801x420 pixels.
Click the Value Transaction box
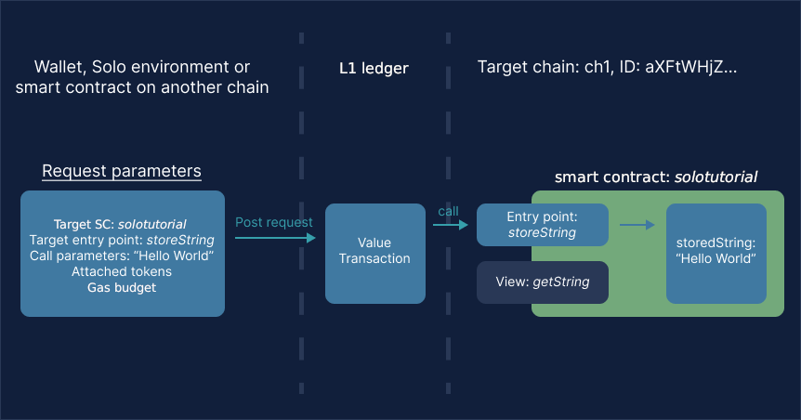pos(374,251)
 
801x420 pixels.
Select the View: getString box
pos(542,282)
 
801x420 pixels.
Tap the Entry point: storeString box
pos(542,225)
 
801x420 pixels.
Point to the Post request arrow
pos(275,239)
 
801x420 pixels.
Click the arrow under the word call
pos(450,225)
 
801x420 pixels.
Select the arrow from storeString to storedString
pos(637,225)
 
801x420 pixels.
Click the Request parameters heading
pos(122,172)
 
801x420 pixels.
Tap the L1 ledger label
pos(374,69)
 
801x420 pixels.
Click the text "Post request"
pos(274,222)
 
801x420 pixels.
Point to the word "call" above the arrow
pos(449,211)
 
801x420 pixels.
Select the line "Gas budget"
pos(122,287)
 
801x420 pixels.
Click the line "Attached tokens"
pos(122,271)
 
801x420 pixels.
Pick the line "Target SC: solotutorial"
pos(121,224)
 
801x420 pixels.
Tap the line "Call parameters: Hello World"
pos(122,256)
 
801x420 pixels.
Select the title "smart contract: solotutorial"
pos(655,177)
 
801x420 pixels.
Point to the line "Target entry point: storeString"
pos(122,240)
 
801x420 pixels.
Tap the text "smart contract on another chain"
pos(142,88)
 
